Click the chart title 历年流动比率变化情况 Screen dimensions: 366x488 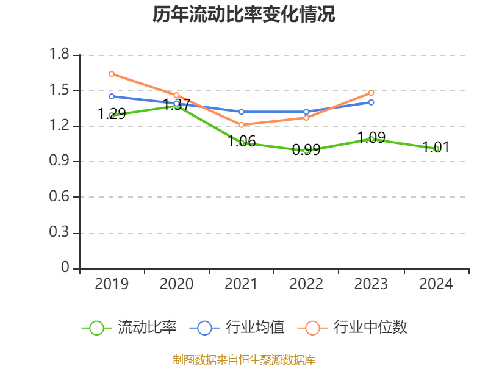tap(243, 15)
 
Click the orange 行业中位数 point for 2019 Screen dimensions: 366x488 tap(112, 74)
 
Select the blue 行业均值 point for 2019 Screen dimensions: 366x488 tap(112, 96)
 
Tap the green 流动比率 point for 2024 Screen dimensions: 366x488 tap(436, 148)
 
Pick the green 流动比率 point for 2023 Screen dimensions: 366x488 tap(371, 139)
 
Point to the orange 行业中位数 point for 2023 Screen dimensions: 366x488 tap(371, 93)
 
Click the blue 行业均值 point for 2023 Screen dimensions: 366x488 tap(371, 102)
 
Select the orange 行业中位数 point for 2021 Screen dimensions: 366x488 tap(242, 125)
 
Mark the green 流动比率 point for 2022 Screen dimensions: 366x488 tap(306, 150)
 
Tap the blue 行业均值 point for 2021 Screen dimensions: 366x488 tap(242, 112)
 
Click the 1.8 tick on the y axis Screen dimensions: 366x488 tap(60, 55)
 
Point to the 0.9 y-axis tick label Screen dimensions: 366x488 tap(60, 162)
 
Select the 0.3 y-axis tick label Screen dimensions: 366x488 tap(60, 233)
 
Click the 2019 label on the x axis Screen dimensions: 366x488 tap(112, 284)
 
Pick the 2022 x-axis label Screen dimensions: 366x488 tap(306, 284)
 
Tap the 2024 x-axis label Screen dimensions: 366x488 tap(436, 284)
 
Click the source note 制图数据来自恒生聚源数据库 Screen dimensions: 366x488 tap(243, 359)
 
